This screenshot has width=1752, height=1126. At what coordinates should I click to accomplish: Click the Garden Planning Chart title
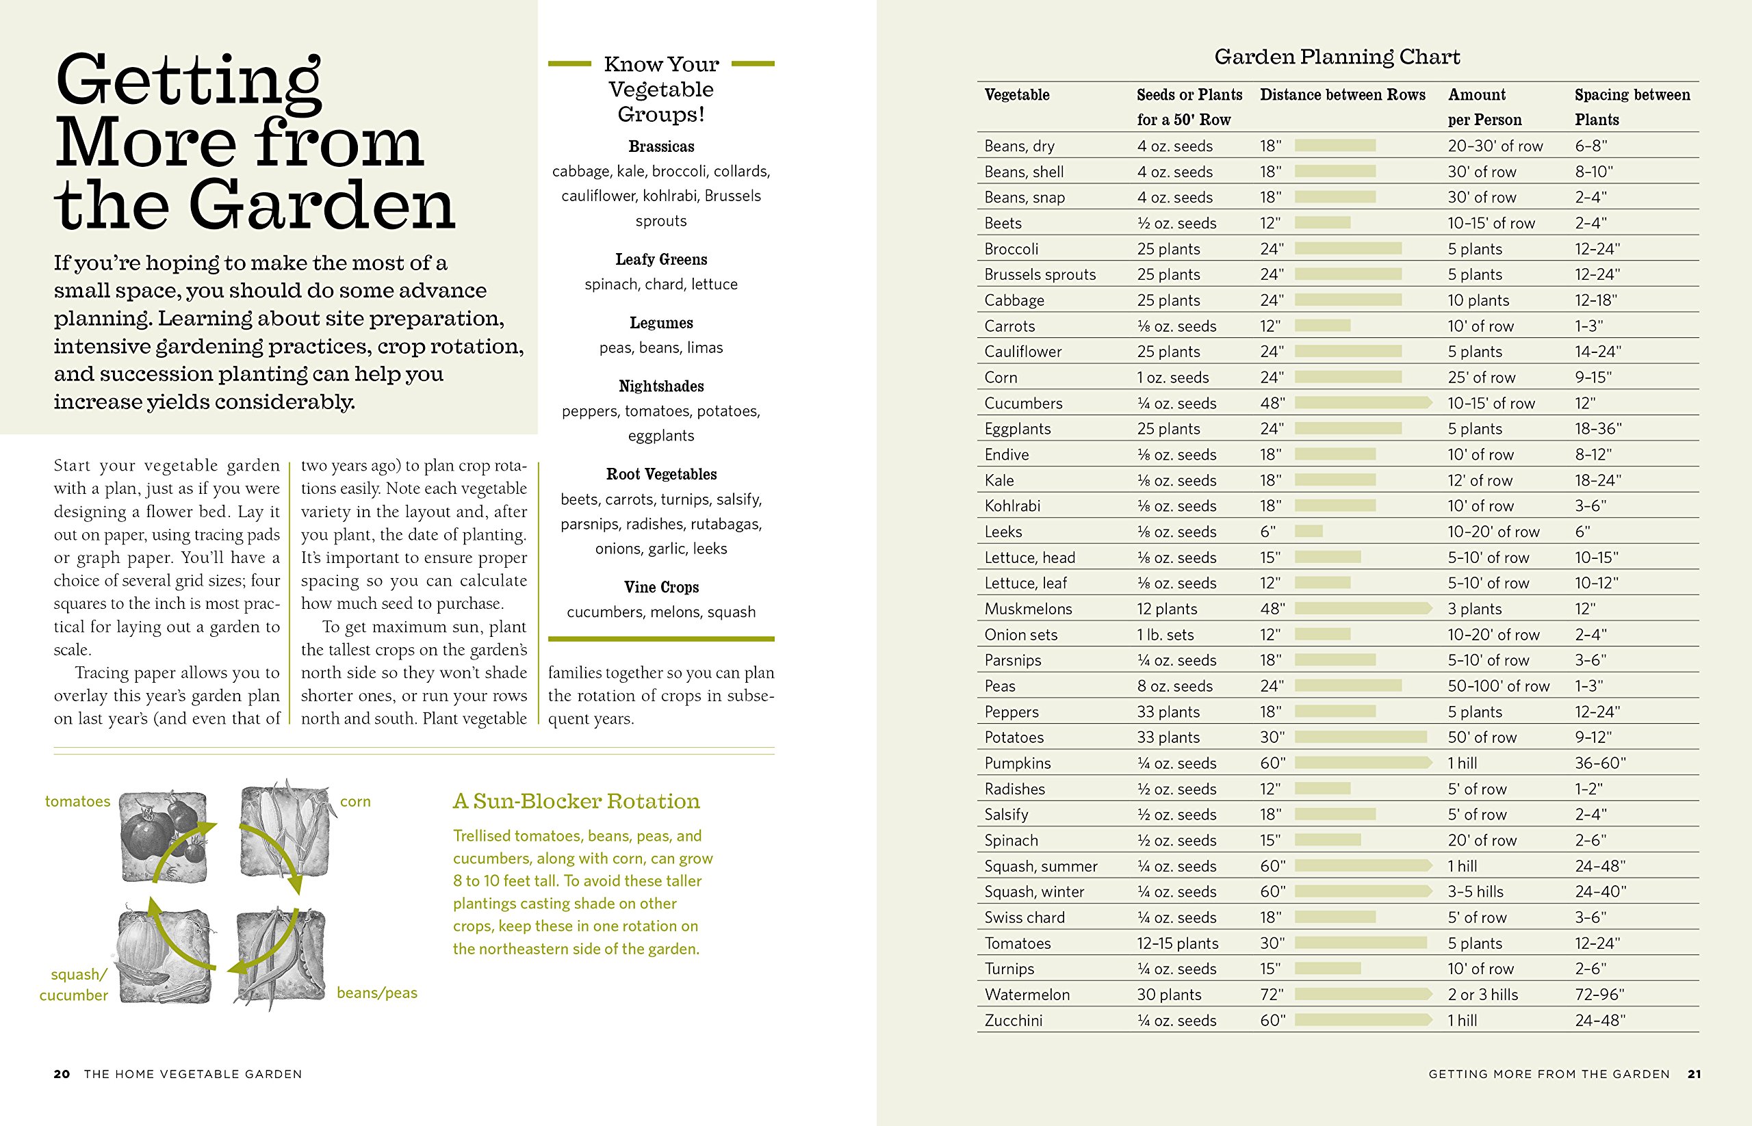pyautogui.click(x=1337, y=57)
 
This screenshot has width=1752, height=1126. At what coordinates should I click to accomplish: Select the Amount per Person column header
pyautogui.click(x=1484, y=107)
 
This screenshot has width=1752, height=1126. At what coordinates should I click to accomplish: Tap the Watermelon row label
pyautogui.click(x=1027, y=995)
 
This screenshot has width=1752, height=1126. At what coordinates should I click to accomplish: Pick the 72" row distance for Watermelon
pyautogui.click(x=1272, y=995)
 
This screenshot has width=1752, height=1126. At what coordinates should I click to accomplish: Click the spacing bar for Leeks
pyautogui.click(x=1308, y=532)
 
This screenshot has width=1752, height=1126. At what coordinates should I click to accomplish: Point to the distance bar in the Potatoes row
pyautogui.click(x=1360, y=737)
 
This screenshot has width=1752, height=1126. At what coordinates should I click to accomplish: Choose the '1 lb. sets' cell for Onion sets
pyautogui.click(x=1165, y=635)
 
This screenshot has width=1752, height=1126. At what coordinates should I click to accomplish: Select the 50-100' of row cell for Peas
pyautogui.click(x=1498, y=686)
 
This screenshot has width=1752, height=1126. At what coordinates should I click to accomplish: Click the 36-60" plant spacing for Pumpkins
pyautogui.click(x=1600, y=763)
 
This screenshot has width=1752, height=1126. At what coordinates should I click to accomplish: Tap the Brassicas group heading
pyautogui.click(x=661, y=146)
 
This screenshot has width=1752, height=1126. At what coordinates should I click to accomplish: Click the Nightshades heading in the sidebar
pyautogui.click(x=661, y=386)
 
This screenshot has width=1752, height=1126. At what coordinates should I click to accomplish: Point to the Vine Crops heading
pyautogui.click(x=661, y=587)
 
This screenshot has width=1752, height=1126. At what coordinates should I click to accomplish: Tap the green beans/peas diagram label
pyautogui.click(x=376, y=993)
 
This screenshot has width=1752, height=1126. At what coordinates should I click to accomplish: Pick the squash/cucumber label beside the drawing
pyautogui.click(x=75, y=984)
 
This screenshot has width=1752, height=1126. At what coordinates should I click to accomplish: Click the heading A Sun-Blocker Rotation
pyautogui.click(x=576, y=801)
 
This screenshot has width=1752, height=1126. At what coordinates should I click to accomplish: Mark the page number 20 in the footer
pyautogui.click(x=62, y=1074)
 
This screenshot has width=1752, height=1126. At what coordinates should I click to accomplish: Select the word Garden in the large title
pyautogui.click(x=321, y=206)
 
